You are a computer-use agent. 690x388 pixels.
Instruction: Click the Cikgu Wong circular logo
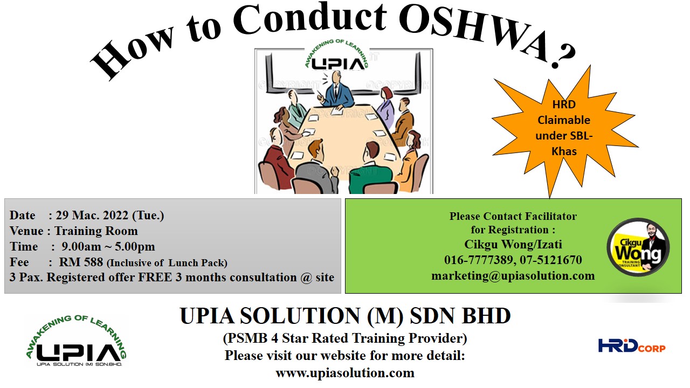(x=638, y=247)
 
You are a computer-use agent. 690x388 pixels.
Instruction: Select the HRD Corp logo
(x=632, y=346)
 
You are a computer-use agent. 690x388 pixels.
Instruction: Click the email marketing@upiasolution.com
(x=513, y=276)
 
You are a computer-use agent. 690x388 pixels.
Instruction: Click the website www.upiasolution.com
(x=345, y=373)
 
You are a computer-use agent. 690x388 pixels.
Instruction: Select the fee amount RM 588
(x=81, y=262)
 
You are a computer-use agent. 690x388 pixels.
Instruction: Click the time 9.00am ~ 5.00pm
(x=108, y=247)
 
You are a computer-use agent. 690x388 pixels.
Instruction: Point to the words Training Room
(x=96, y=231)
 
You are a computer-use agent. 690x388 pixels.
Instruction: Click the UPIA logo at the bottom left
(x=76, y=341)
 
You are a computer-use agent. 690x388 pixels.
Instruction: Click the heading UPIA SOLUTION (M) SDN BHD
(x=345, y=316)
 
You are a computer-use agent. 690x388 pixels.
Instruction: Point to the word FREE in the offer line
(x=155, y=277)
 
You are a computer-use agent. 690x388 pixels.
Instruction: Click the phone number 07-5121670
(x=551, y=260)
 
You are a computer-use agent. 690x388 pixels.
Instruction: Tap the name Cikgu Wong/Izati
(x=513, y=244)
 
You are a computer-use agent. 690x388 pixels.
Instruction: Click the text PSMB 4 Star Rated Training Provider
(x=345, y=338)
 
